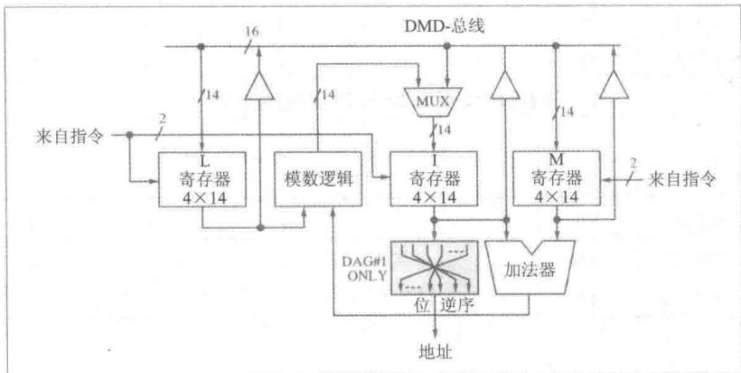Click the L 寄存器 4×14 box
click(x=202, y=179)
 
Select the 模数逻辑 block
click(x=318, y=179)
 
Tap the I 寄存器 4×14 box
click(x=434, y=179)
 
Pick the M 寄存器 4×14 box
click(x=557, y=178)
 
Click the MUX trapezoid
click(x=434, y=101)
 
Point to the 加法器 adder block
click(x=530, y=268)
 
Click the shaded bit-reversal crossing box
click(x=435, y=267)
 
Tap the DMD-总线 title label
click(x=445, y=26)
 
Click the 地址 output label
click(x=436, y=353)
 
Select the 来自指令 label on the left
click(x=69, y=137)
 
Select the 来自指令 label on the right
click(x=682, y=179)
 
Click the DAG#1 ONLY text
click(x=365, y=268)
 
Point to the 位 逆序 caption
click(x=445, y=305)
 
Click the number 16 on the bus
click(x=251, y=33)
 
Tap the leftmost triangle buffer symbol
click(x=259, y=86)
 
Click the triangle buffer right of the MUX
click(x=505, y=85)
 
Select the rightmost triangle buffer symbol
click(x=614, y=85)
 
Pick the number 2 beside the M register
click(x=633, y=163)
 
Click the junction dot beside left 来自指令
click(x=129, y=135)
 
